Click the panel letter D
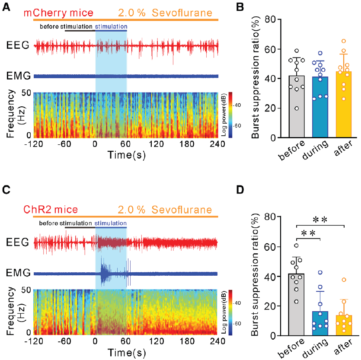tap(241, 190)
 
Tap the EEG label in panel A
tap(18, 45)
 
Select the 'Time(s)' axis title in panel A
tap(125, 154)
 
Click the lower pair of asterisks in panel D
tap(307, 233)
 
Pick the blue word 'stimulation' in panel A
tap(111, 27)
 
